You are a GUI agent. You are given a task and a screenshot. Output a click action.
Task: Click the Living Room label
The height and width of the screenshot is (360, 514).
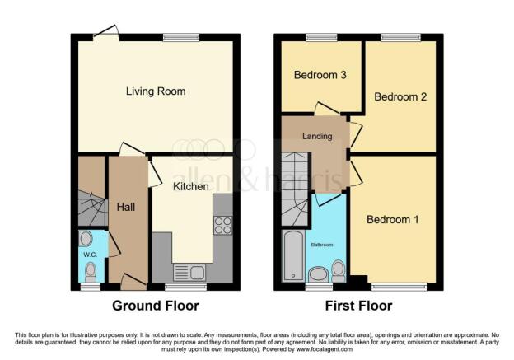156,91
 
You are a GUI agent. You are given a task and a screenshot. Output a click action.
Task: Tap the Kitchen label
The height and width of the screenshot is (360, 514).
191,186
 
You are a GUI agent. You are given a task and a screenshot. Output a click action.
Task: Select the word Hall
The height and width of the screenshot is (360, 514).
126,207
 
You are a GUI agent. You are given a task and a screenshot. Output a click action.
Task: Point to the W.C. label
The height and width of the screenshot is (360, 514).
90,255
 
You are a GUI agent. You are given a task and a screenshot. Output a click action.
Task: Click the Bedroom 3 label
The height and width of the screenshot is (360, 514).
320,75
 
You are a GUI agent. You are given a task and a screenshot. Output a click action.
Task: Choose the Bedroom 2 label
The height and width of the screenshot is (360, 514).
400,96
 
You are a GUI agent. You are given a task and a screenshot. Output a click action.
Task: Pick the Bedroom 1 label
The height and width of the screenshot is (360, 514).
392,219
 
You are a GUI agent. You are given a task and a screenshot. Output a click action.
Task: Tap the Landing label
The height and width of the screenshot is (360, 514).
317,136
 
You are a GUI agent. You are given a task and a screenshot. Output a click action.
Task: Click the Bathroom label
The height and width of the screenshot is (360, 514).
322,245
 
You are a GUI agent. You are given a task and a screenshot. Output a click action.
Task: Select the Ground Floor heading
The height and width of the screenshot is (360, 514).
156,306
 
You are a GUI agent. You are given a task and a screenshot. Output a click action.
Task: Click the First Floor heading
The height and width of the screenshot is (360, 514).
358,306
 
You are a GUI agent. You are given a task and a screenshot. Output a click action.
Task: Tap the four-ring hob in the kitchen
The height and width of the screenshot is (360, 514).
223,226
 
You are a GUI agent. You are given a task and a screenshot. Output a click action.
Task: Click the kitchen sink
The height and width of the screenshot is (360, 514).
189,273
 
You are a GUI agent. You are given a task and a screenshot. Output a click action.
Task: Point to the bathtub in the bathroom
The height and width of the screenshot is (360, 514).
293,256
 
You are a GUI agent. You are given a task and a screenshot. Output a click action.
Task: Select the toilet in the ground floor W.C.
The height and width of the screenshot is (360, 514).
91,272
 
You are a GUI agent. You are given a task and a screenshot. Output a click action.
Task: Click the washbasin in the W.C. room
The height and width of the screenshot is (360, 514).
86,239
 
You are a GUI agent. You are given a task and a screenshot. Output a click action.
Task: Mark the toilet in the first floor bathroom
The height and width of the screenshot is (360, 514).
338,271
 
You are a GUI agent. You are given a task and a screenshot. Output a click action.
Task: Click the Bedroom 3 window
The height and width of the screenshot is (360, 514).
322,37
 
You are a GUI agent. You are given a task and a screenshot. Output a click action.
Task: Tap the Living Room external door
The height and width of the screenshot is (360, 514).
106,32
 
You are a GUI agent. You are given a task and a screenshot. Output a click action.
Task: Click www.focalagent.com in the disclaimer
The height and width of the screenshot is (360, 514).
325,349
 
